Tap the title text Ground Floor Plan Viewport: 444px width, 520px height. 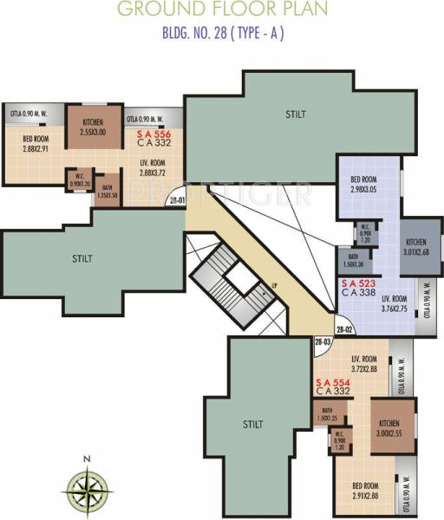[x=223, y=10]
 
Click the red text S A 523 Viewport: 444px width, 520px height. [x=358, y=283]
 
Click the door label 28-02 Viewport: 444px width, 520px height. [x=343, y=329]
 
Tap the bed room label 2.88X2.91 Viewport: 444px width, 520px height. [x=36, y=143]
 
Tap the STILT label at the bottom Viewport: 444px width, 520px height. [x=252, y=424]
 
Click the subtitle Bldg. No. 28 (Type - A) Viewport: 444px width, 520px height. [x=223, y=36]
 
